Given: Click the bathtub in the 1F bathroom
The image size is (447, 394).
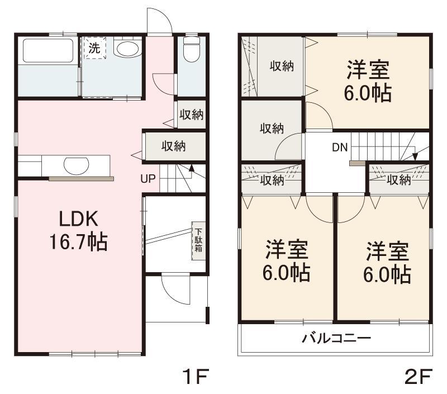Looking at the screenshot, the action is point(48,50).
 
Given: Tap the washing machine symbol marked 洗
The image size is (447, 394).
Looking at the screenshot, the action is point(94,48).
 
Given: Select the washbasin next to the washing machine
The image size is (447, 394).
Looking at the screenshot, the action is point(127,49).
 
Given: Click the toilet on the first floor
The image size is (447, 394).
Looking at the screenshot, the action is point(192,49).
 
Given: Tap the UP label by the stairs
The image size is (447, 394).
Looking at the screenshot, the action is point(148,179).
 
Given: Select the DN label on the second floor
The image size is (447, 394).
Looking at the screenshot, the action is point(340,148).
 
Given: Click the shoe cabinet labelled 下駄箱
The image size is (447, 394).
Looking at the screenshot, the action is point(198,241).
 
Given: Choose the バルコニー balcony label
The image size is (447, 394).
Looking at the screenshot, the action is point(336,339).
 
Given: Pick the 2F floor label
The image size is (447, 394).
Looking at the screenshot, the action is point(418,376).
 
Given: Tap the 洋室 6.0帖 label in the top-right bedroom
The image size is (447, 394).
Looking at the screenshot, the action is point(368,81).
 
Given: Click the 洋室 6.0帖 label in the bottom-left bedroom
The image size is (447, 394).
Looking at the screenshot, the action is point(287,261).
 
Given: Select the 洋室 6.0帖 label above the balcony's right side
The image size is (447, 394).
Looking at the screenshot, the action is point(387,263).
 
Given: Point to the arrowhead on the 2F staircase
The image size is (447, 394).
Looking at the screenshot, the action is point(415,156).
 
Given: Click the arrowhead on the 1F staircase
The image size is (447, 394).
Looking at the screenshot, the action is point(192,168).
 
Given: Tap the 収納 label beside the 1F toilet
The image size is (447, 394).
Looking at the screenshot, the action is point(192,115).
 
